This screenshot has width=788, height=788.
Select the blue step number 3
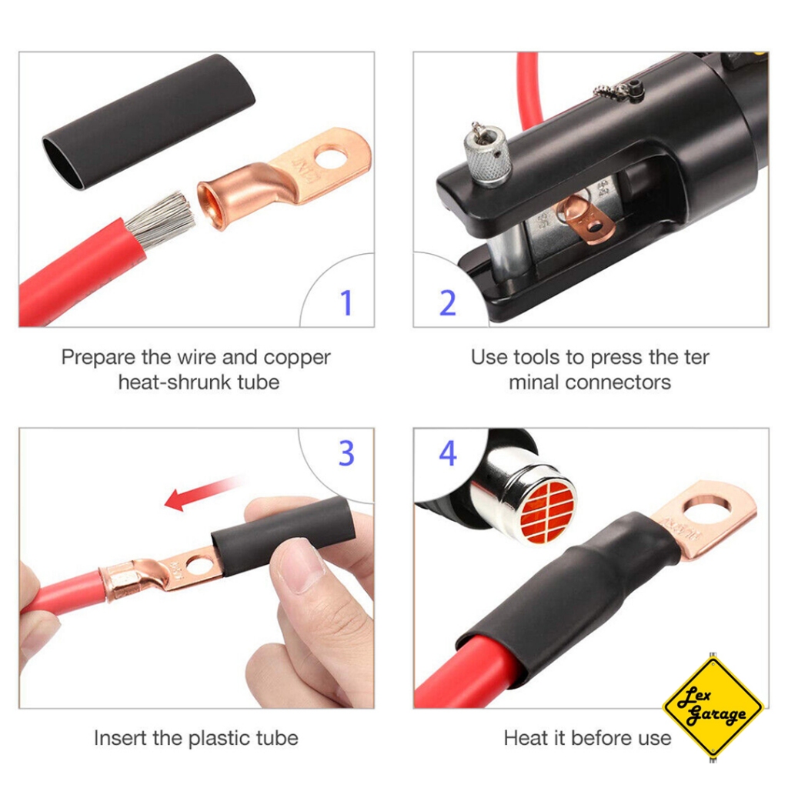pyautogui.click(x=346, y=452)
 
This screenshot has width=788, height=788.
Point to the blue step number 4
pyautogui.click(x=448, y=452)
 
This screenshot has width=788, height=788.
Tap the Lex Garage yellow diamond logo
pyautogui.click(x=713, y=707)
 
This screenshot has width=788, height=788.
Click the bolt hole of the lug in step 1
pyautogui.click(x=332, y=157)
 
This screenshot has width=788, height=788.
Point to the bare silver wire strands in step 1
pyautogui.click(x=161, y=219)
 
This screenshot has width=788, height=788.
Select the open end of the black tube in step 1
pyautogui.click(x=62, y=163)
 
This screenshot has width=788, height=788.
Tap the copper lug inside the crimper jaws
pyautogui.click(x=586, y=219)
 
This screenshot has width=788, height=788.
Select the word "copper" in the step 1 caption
pyautogui.click(x=297, y=359)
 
